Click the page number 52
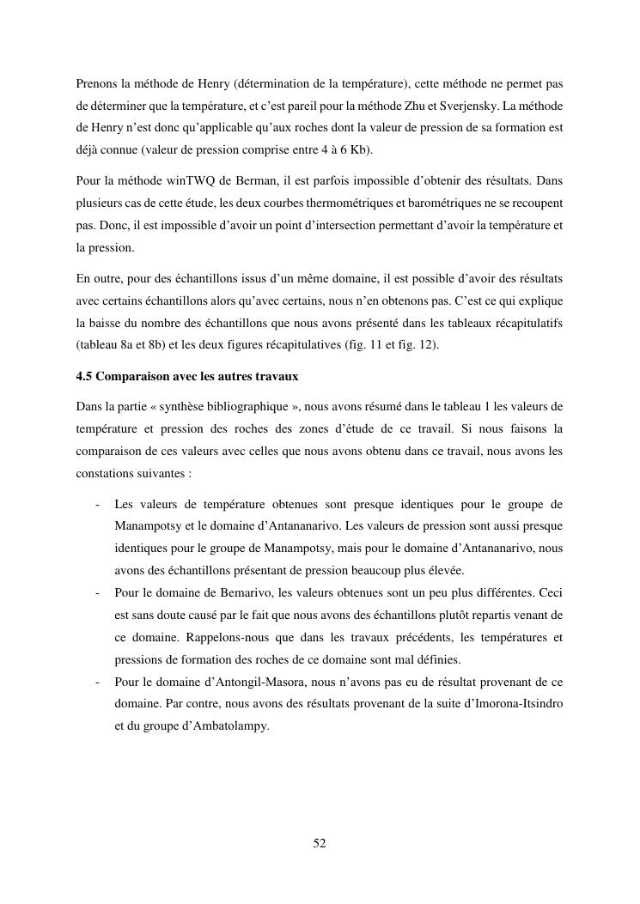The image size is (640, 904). pyautogui.click(x=320, y=843)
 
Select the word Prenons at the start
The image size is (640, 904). pyautogui.click(x=96, y=84)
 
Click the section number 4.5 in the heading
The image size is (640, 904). pyautogui.click(x=84, y=375)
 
